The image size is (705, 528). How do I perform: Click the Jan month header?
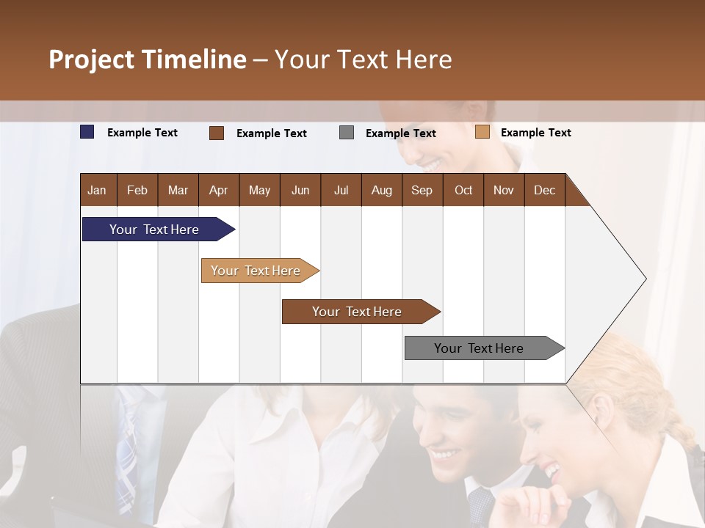(97, 190)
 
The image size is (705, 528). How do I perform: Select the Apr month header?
(218, 190)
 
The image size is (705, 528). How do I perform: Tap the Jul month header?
(341, 190)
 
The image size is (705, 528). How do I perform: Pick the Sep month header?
(422, 190)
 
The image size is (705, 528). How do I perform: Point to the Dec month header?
(544, 190)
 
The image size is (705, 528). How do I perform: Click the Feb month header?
(137, 190)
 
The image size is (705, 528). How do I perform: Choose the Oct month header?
(463, 190)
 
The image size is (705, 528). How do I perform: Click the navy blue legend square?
(87, 132)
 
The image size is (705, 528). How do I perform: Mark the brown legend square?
(217, 133)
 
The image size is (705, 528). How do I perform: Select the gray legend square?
(347, 133)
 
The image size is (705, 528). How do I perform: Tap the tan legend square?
(482, 132)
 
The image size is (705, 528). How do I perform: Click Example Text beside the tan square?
(535, 133)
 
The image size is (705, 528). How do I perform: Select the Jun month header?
(300, 190)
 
